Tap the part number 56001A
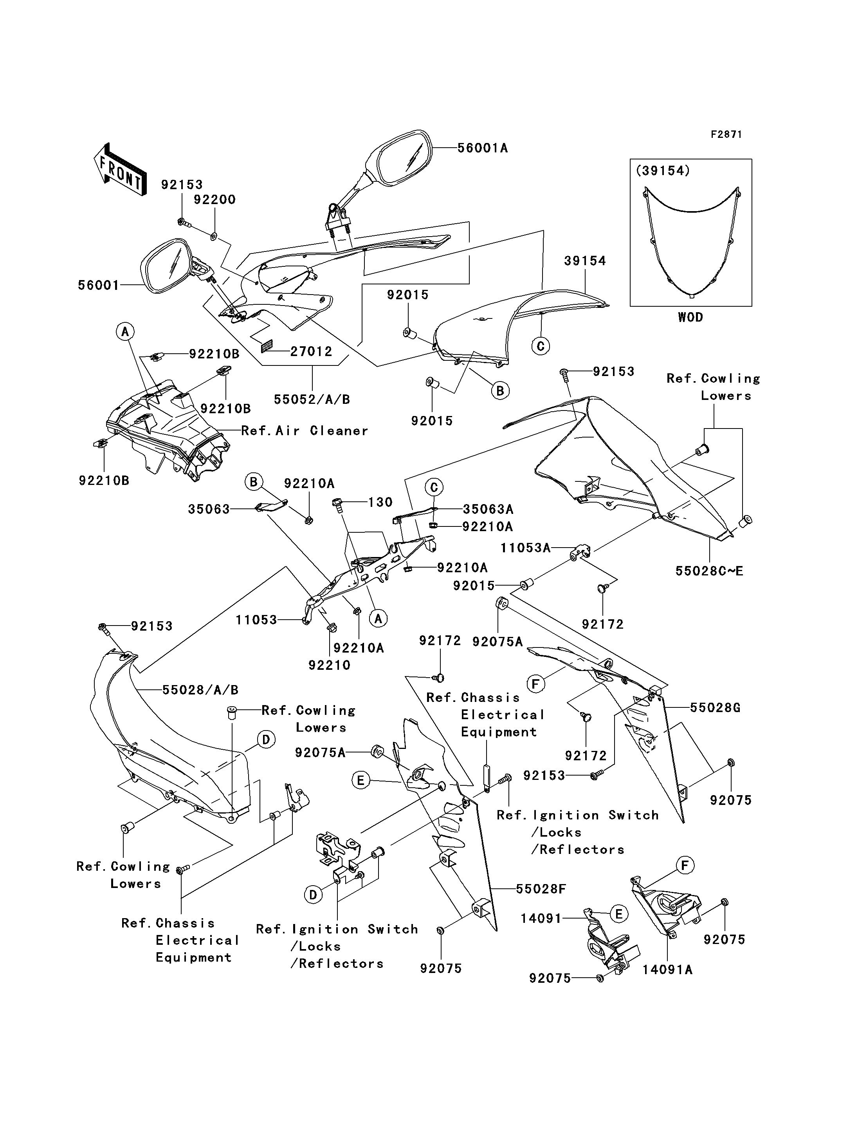pos(482,148)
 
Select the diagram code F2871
pos(726,134)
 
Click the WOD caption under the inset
pos(690,317)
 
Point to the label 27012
pos(311,352)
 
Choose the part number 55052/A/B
pos(312,400)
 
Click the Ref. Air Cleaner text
pos(305,431)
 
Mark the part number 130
pos(380,503)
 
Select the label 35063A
pos(488,509)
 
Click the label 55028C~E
pos(709,571)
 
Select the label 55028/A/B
pos(200,690)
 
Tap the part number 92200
pos(214,200)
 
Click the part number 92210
pos(330,665)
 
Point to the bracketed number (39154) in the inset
pos(663,171)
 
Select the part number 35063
pos(209,509)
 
